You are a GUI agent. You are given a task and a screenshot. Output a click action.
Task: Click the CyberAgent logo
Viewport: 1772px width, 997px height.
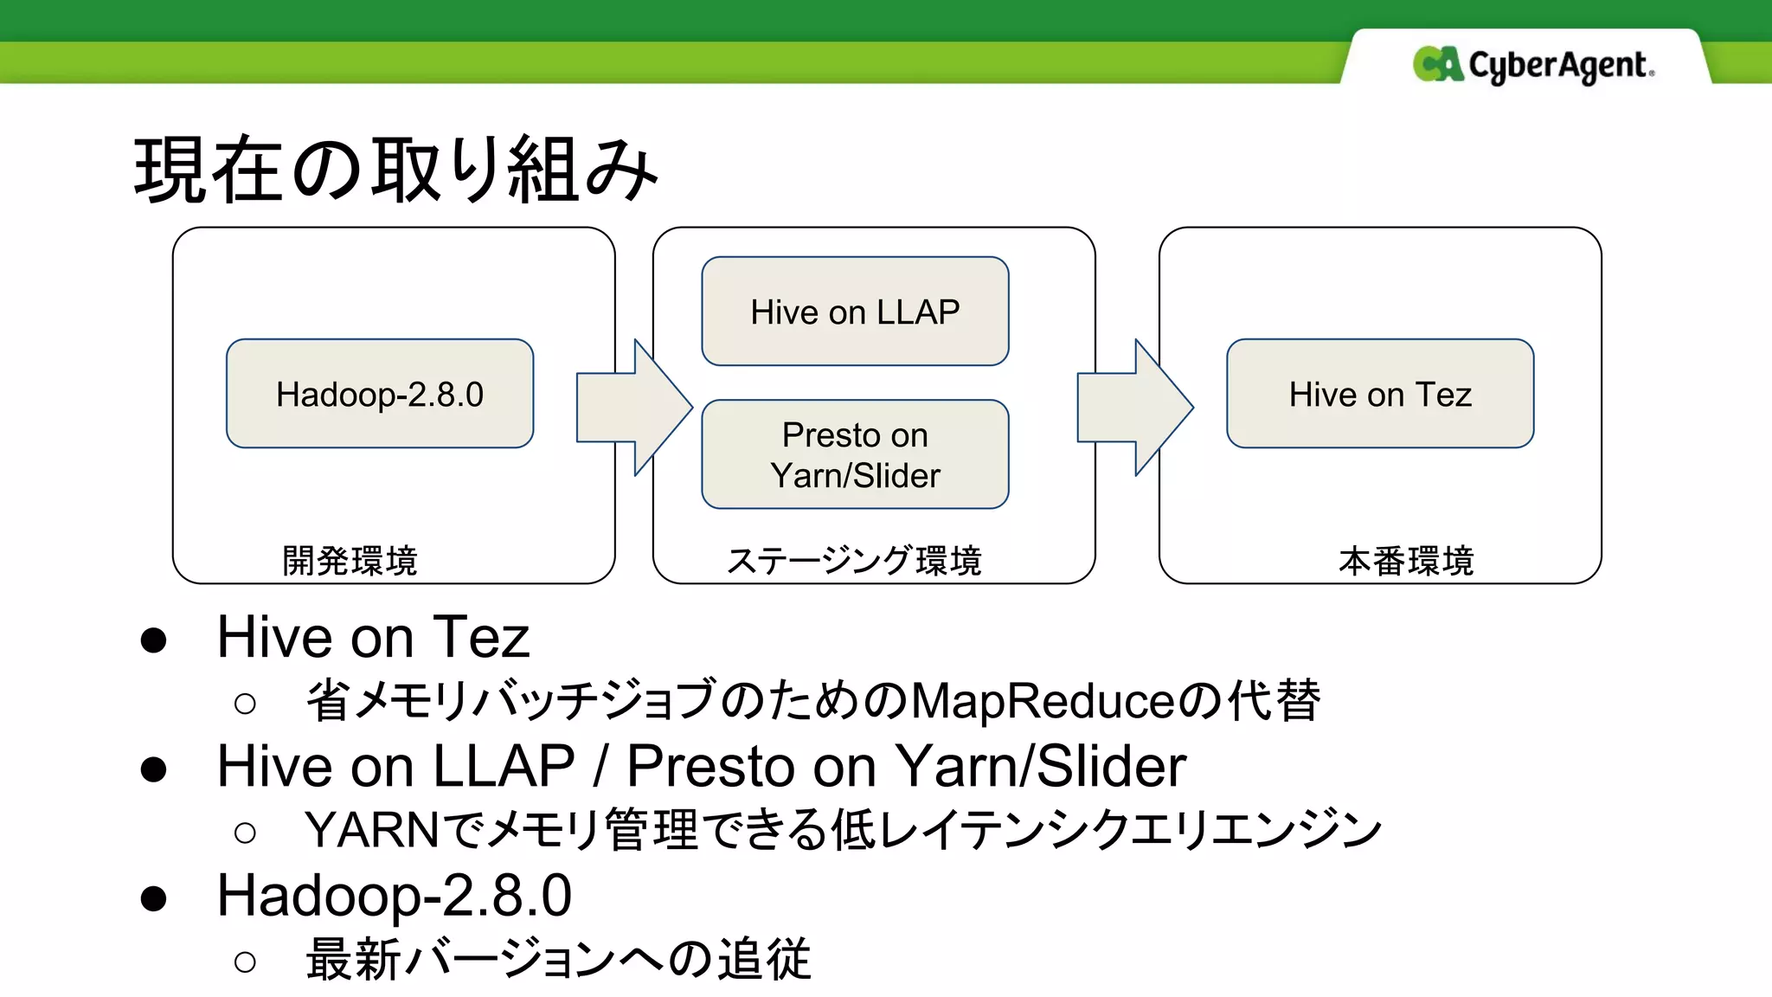click(x=1533, y=65)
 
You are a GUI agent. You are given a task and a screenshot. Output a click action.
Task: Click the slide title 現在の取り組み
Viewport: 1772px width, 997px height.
click(x=395, y=170)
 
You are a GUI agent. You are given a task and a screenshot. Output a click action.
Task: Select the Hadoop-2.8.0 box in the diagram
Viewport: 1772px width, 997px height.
click(x=380, y=394)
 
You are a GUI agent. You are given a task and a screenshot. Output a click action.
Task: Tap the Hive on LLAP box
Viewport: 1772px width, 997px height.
click(x=855, y=312)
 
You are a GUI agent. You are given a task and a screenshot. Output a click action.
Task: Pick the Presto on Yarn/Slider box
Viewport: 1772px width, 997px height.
click(x=855, y=454)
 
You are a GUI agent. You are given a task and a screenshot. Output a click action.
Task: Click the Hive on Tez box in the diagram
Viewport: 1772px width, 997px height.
click(x=1379, y=394)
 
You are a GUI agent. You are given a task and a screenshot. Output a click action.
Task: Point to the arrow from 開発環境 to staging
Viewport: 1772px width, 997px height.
click(x=633, y=408)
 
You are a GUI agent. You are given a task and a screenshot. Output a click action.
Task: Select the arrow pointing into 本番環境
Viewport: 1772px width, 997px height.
click(x=1133, y=408)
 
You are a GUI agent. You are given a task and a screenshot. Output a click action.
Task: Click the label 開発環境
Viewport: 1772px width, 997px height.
click(x=350, y=561)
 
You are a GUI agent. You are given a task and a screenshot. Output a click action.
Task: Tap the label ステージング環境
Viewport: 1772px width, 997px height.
click(x=854, y=561)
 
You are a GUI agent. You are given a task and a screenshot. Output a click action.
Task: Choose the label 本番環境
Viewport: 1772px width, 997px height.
click(x=1405, y=561)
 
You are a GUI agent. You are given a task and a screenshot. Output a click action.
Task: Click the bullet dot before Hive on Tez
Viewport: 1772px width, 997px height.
click(x=154, y=640)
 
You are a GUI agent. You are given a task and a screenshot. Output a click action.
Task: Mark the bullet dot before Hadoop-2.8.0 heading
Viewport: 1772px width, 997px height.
click(x=154, y=898)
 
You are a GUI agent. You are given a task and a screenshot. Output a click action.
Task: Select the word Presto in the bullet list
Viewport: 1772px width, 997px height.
click(x=708, y=767)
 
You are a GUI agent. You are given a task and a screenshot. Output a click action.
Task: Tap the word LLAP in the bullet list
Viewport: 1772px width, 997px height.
click(x=504, y=767)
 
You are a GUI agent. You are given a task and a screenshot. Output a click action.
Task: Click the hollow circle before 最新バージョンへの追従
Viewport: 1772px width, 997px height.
click(x=245, y=962)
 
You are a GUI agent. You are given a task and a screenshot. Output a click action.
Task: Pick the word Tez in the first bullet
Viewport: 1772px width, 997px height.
click(x=480, y=638)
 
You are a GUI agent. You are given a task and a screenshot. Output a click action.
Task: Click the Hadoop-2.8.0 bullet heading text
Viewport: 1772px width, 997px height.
click(x=394, y=896)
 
